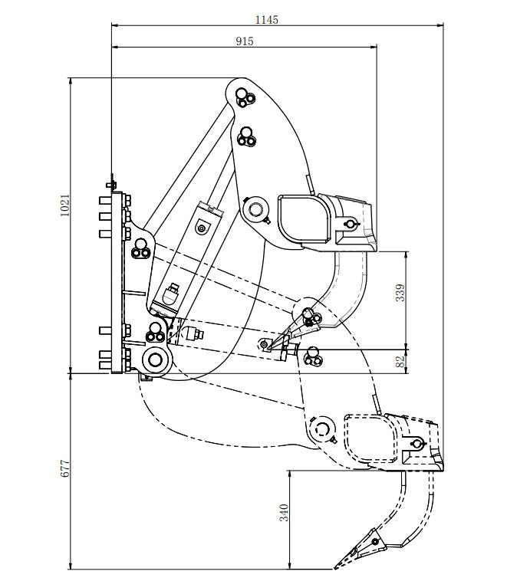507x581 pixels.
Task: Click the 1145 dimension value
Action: pos(267,19)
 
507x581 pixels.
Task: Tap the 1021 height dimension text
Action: pos(65,205)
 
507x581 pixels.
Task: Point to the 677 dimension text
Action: pos(65,469)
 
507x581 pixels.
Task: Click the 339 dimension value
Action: pos(400,292)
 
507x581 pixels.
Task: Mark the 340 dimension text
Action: pos(284,512)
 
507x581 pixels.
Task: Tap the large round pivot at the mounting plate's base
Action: pos(156,359)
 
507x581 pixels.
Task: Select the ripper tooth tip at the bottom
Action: pos(337,566)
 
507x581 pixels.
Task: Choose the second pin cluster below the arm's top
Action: pos(246,136)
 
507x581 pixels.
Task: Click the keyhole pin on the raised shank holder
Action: pos(350,224)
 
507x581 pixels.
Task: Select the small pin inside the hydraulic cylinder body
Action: pos(202,227)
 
